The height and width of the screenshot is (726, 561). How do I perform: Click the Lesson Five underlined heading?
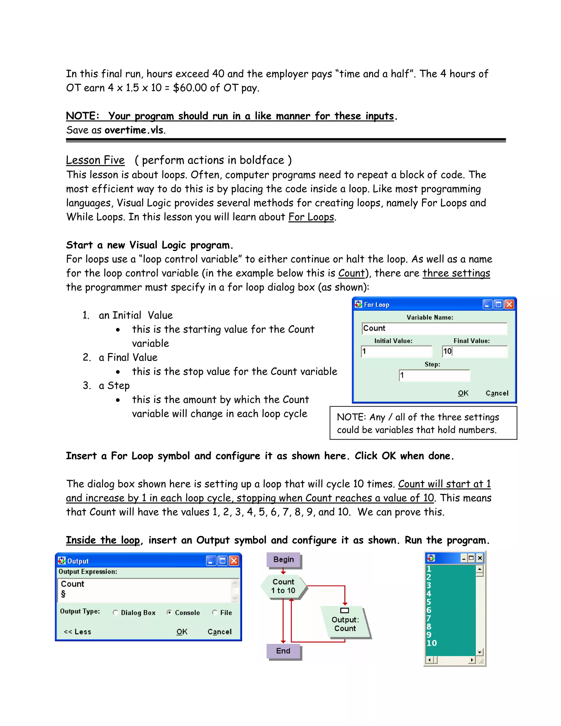pos(95,160)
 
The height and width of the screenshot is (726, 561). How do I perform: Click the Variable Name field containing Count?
pos(434,328)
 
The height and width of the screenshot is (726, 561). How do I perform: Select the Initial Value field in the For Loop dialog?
pos(396,351)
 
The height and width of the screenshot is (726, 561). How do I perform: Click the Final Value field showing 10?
pos(475,351)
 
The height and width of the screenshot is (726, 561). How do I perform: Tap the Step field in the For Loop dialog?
pos(434,375)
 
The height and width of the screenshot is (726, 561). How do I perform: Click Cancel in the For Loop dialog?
pos(497,393)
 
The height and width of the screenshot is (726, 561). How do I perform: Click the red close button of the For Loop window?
pos(509,304)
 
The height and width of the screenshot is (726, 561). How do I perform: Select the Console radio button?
pos(169,612)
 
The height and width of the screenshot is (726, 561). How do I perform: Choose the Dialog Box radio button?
pos(115,612)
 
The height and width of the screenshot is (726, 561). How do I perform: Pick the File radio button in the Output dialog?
pos(215,612)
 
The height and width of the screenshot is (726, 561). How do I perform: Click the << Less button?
pos(78,631)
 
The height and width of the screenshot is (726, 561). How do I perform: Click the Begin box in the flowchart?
pos(284,559)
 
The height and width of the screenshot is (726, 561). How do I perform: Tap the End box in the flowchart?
pos(283,651)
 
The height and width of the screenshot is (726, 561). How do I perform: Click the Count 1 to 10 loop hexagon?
pos(284,586)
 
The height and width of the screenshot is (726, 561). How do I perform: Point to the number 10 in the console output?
pos(431,643)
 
